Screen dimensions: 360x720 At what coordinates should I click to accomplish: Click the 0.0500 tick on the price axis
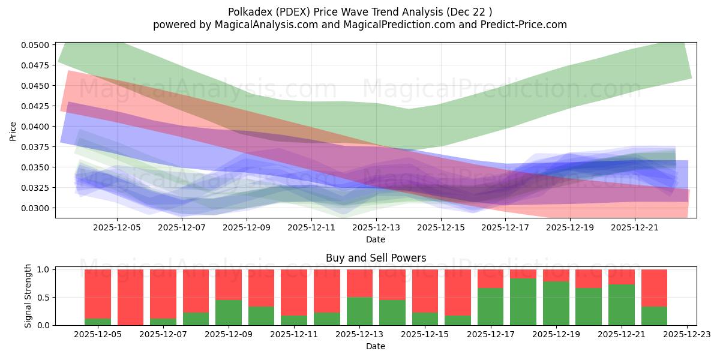pyautogui.click(x=37, y=45)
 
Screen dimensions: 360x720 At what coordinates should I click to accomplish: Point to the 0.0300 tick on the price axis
pyautogui.click(x=37, y=208)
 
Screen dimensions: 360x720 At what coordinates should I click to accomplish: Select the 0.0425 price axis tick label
pyautogui.click(x=37, y=106)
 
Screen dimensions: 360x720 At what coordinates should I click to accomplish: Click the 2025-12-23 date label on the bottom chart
pyautogui.click(x=686, y=335)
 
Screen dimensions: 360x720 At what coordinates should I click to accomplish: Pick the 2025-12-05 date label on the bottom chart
pyautogui.click(x=98, y=335)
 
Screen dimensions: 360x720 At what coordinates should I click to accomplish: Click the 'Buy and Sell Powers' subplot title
pyautogui.click(x=376, y=258)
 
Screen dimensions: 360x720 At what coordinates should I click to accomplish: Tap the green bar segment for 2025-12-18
pyautogui.click(x=523, y=302)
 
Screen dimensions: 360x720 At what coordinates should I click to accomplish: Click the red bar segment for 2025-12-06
pyautogui.click(x=131, y=297)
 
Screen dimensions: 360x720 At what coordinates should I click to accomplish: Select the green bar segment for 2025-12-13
pyautogui.click(x=359, y=311)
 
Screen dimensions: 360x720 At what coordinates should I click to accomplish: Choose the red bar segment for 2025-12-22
pyautogui.click(x=654, y=288)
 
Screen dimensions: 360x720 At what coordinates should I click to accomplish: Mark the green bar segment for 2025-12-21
pyautogui.click(x=621, y=305)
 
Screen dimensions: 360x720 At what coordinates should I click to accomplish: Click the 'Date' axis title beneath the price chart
pyautogui.click(x=376, y=239)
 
